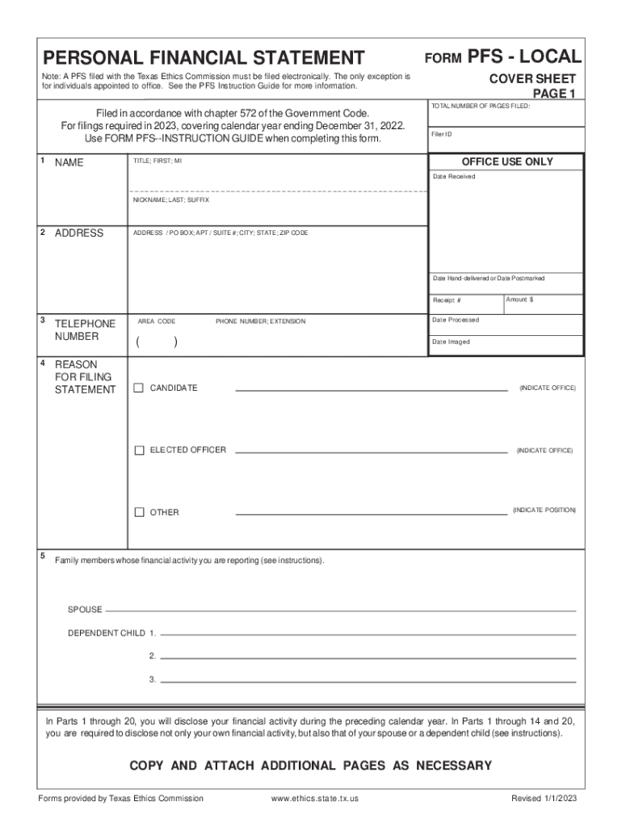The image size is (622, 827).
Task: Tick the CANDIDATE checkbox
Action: coord(139,388)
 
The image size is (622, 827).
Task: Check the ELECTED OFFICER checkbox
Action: coord(139,450)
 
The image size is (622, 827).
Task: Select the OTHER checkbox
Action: coord(139,512)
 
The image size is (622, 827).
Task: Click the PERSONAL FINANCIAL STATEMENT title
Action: coord(204,58)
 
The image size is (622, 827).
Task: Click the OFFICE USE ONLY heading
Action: coord(506,162)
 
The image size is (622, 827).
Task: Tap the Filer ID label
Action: coord(442,134)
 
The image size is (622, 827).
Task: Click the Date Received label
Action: coord(454,176)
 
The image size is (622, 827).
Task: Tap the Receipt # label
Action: coord(447,300)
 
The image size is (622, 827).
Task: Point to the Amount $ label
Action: coord(519,300)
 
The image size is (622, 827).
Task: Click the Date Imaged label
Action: coord(451,342)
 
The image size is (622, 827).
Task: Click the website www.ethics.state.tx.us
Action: coord(315,799)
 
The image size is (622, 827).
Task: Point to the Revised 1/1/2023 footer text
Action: coord(544,799)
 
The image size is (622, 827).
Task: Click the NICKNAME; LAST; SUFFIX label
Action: coord(170,199)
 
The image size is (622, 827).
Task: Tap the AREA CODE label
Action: coord(157,321)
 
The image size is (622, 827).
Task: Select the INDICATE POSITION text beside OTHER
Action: coord(544,510)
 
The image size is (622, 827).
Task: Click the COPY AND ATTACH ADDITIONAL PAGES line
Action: coord(311,766)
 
